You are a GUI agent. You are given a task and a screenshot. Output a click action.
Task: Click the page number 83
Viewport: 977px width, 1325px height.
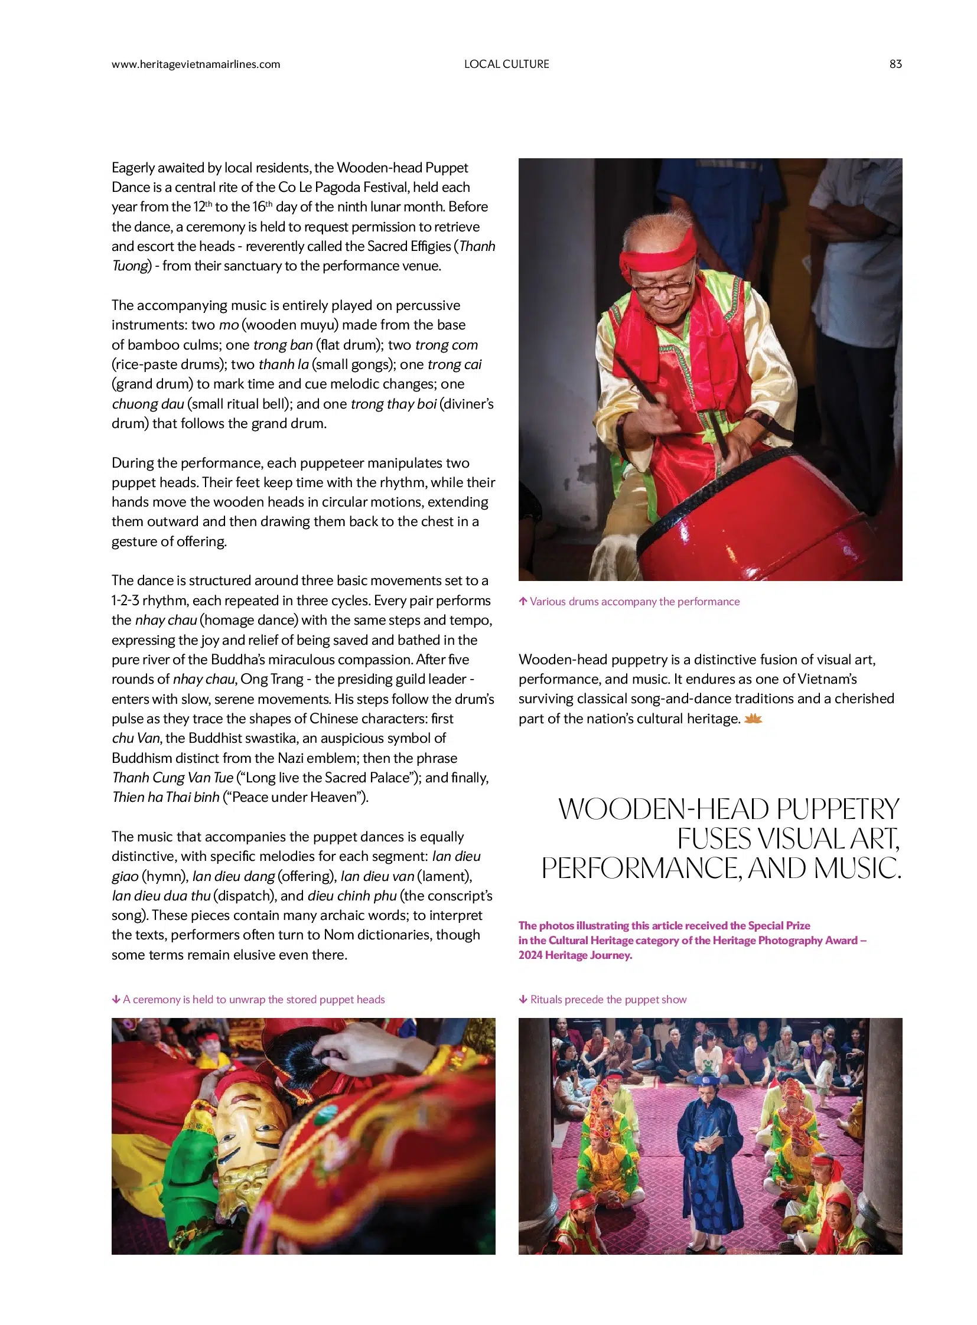(x=895, y=64)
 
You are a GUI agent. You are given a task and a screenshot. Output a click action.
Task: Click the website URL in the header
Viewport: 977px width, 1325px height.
(x=196, y=64)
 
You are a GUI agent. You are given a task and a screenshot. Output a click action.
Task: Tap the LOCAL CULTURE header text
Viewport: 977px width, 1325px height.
(x=506, y=64)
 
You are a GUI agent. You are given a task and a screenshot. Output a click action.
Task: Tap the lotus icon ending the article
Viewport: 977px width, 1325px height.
(x=754, y=720)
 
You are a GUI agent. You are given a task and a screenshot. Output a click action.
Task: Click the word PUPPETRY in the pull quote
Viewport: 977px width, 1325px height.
(x=838, y=810)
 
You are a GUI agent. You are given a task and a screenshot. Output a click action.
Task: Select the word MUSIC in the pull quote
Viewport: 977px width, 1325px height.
(x=857, y=868)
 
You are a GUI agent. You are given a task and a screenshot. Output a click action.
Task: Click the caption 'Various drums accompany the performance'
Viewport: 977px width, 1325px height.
(x=634, y=601)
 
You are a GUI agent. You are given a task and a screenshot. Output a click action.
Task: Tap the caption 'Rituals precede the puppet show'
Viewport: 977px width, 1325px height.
(x=608, y=999)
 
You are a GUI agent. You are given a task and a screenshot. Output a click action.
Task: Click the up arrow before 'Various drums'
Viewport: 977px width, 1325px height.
(x=523, y=601)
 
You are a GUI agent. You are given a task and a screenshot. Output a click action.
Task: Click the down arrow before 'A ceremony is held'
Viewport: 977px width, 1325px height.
(x=116, y=999)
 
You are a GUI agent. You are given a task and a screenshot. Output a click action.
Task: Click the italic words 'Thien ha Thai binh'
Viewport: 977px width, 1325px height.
(x=166, y=797)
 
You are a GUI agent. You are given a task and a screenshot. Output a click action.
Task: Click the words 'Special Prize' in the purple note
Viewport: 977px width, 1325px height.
(x=779, y=925)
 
